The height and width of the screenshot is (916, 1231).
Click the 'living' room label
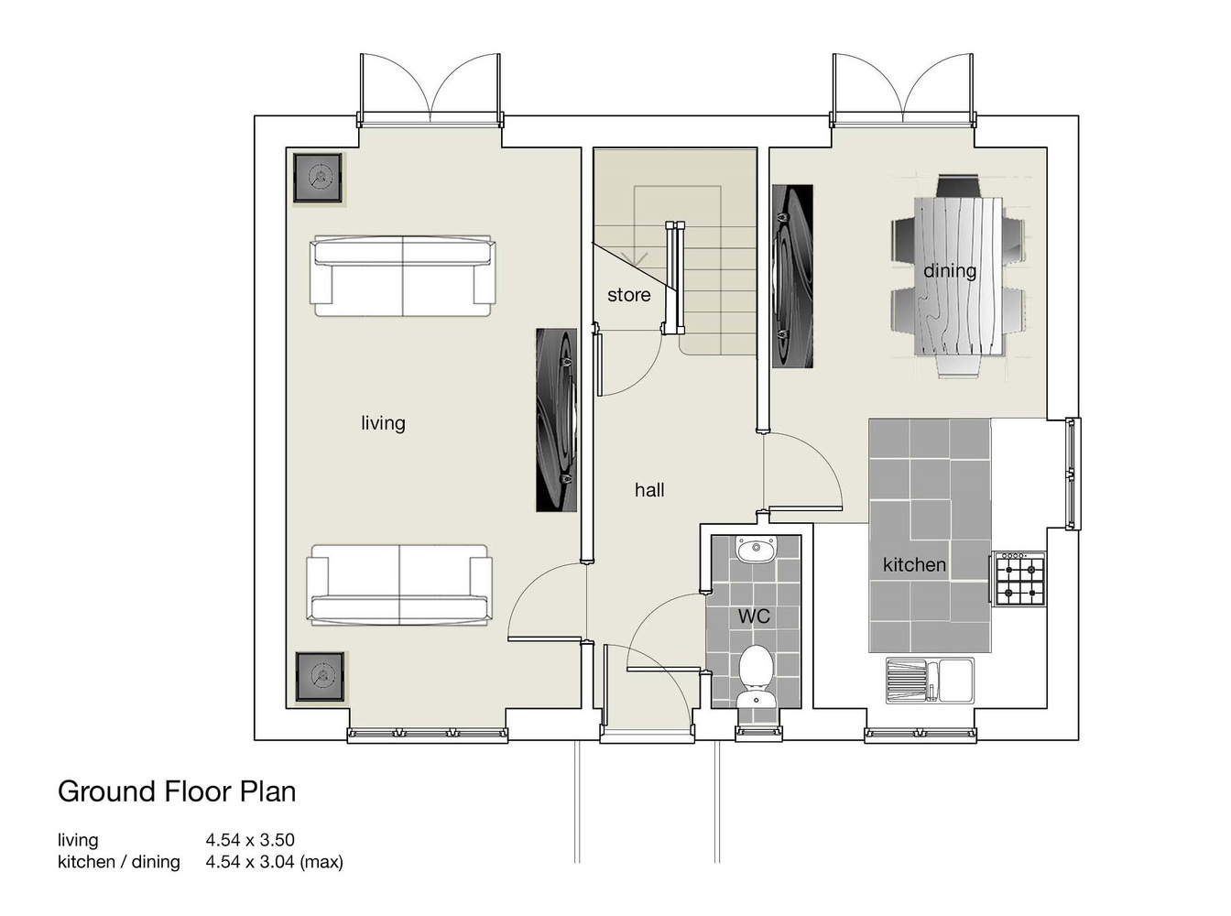pyautogui.click(x=383, y=423)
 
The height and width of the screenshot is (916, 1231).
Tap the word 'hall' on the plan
pyautogui.click(x=649, y=490)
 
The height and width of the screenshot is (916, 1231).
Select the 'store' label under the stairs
pyautogui.click(x=629, y=295)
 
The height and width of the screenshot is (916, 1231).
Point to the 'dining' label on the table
pyautogui.click(x=950, y=271)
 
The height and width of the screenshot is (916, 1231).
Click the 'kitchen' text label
pyautogui.click(x=914, y=564)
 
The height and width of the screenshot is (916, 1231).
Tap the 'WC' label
pyautogui.click(x=754, y=616)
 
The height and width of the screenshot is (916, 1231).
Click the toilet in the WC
pyautogui.click(x=756, y=676)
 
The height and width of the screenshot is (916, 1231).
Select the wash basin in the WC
pyautogui.click(x=757, y=550)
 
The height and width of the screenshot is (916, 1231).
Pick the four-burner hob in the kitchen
pyautogui.click(x=1019, y=579)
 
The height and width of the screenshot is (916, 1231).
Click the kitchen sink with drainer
pyautogui.click(x=929, y=680)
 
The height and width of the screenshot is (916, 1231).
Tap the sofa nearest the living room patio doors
pyautogui.click(x=402, y=276)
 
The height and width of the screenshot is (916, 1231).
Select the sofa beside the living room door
pyautogui.click(x=399, y=584)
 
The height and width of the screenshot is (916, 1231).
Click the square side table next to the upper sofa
pyautogui.click(x=318, y=179)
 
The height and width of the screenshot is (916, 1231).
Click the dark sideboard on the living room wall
pyautogui.click(x=556, y=420)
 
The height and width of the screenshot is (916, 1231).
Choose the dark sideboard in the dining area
pyautogui.click(x=792, y=276)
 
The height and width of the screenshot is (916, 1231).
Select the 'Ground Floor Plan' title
pyautogui.click(x=177, y=791)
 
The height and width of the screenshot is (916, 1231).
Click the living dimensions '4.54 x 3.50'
pyautogui.click(x=250, y=839)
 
